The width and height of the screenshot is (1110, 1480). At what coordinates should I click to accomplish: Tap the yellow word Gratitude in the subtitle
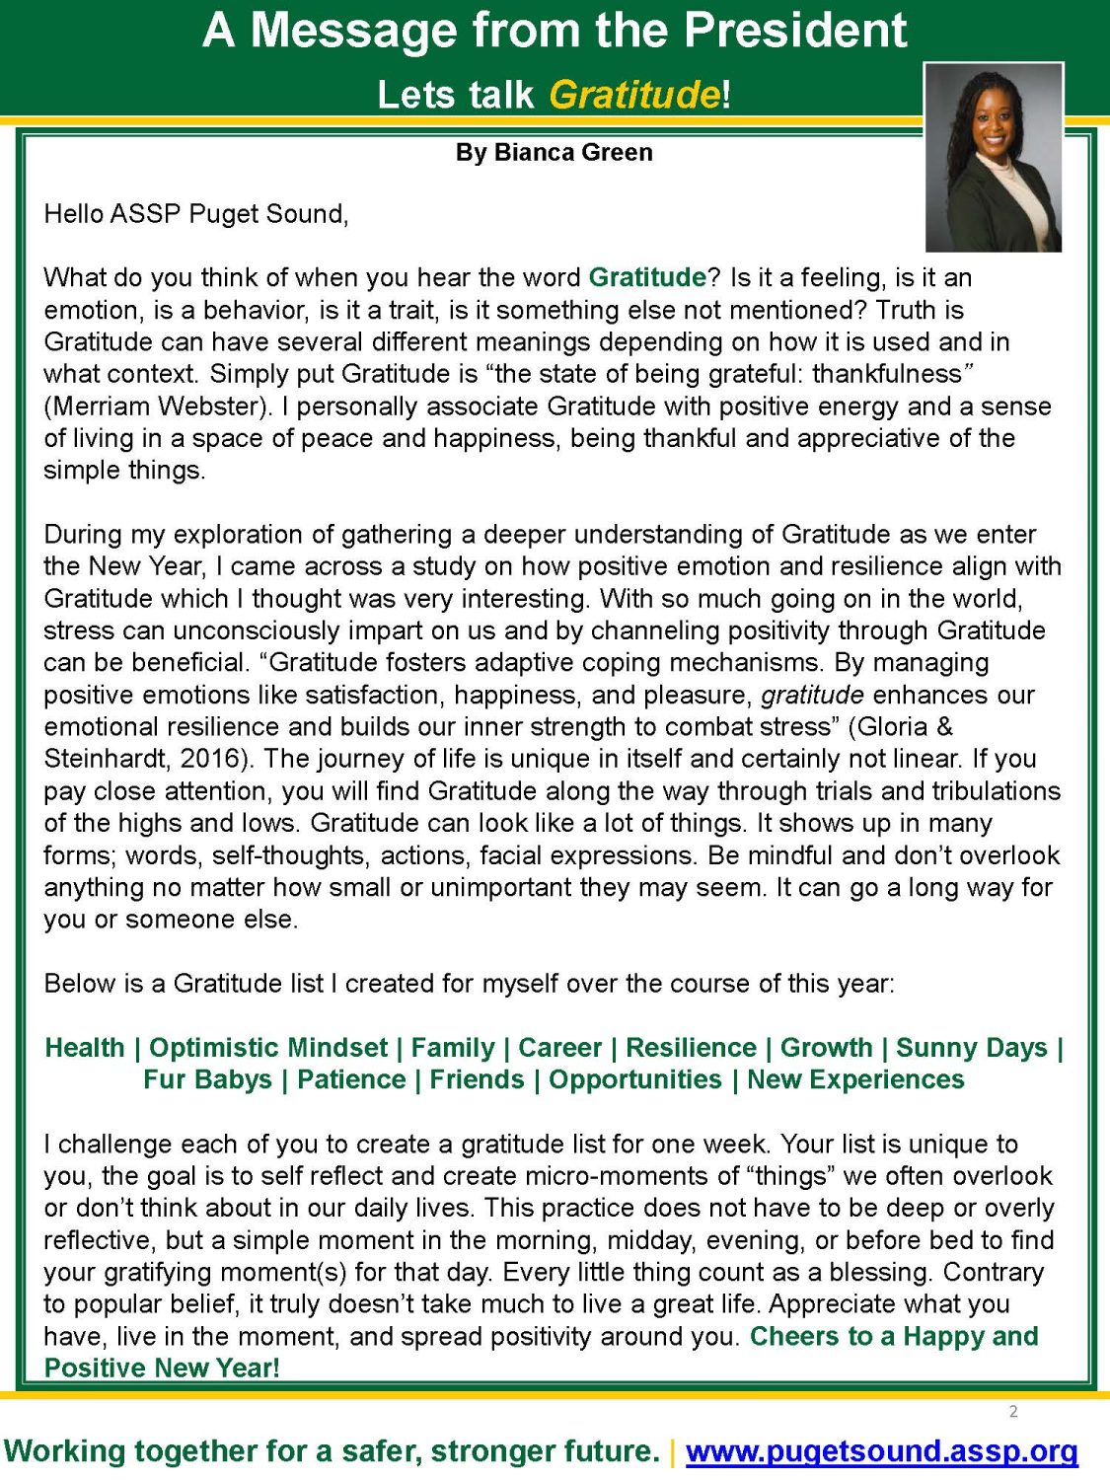click(x=634, y=95)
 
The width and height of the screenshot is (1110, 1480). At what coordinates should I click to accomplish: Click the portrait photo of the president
click(x=993, y=158)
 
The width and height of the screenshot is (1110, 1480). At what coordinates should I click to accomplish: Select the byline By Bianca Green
click(x=554, y=153)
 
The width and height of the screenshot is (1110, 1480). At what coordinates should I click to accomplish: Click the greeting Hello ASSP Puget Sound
click(x=195, y=214)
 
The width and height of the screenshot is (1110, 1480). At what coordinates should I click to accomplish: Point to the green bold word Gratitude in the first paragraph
click(x=647, y=277)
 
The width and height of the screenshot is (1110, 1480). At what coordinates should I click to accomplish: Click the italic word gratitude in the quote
click(x=812, y=695)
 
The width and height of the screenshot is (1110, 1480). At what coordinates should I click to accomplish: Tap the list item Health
click(x=85, y=1048)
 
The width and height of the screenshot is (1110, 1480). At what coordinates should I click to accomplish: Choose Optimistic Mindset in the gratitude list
click(x=268, y=1048)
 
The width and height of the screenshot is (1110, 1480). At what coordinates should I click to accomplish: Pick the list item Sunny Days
click(x=971, y=1048)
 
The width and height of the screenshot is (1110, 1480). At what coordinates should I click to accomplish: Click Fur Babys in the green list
click(x=207, y=1079)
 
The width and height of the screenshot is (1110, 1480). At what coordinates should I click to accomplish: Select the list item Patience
click(x=351, y=1079)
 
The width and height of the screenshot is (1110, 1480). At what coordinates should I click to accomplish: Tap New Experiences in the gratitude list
click(x=855, y=1079)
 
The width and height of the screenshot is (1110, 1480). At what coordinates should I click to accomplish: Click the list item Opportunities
click(x=635, y=1079)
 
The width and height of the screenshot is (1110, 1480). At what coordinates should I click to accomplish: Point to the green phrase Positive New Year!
click(x=162, y=1369)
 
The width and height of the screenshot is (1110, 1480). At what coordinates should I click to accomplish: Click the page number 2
click(x=1013, y=1412)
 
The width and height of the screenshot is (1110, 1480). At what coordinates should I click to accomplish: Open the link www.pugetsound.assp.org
click(x=881, y=1451)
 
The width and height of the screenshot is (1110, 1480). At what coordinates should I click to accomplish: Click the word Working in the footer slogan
click(x=66, y=1451)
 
